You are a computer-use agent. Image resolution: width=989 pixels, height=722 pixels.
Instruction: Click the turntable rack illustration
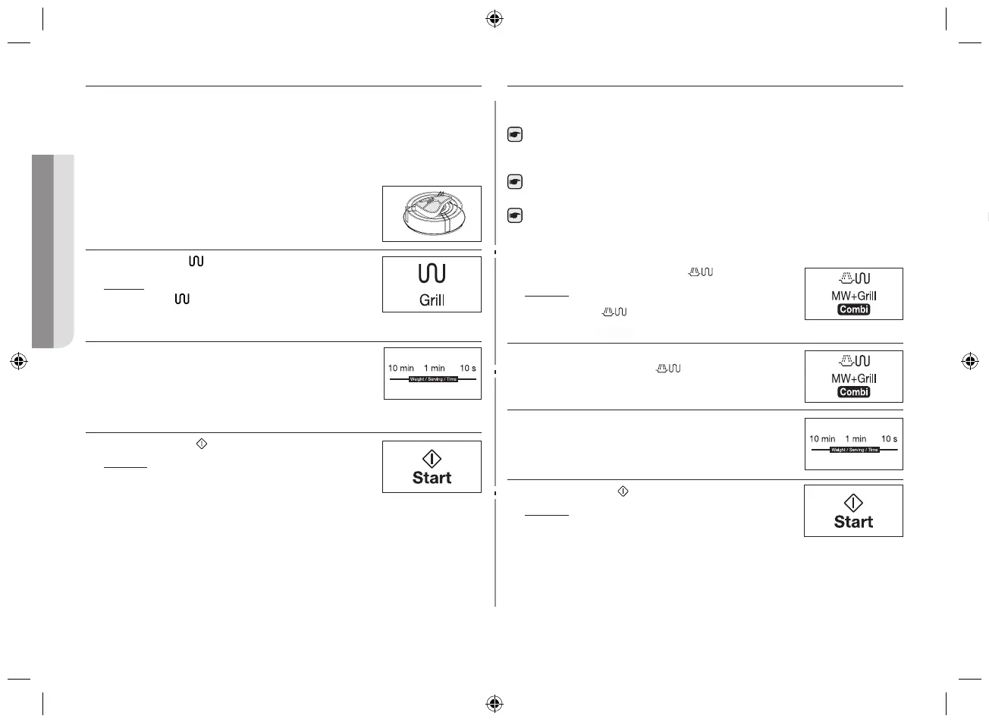(x=432, y=214)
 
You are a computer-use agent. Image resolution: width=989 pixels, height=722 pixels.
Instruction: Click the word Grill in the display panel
(x=432, y=300)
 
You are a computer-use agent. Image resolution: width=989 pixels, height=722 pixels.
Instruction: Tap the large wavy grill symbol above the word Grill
(x=432, y=274)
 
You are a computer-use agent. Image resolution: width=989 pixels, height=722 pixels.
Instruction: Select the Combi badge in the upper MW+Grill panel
(x=853, y=309)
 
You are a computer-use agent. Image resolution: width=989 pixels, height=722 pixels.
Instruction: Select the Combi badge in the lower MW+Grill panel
(x=853, y=392)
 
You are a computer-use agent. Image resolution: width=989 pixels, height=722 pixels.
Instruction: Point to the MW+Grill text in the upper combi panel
(x=853, y=297)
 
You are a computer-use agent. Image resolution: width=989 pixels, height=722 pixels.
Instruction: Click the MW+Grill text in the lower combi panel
(x=853, y=378)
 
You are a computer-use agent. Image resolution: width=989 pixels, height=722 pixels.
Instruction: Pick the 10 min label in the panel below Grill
(x=401, y=369)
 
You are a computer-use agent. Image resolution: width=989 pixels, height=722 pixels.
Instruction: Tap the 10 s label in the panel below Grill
(x=468, y=369)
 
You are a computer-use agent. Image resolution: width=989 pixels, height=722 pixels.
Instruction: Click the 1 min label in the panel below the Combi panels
(x=856, y=439)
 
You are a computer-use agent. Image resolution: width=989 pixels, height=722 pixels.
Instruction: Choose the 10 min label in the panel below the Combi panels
(x=822, y=439)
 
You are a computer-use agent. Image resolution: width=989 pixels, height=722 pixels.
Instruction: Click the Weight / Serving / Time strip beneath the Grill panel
(x=433, y=378)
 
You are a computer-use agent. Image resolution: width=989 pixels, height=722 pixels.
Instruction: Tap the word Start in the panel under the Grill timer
(x=432, y=478)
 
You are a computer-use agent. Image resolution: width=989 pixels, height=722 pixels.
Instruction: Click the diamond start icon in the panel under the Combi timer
(x=853, y=503)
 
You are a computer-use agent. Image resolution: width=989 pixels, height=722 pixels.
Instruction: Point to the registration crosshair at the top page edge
(x=494, y=19)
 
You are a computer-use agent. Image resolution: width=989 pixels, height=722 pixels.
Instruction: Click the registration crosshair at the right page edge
(x=969, y=361)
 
